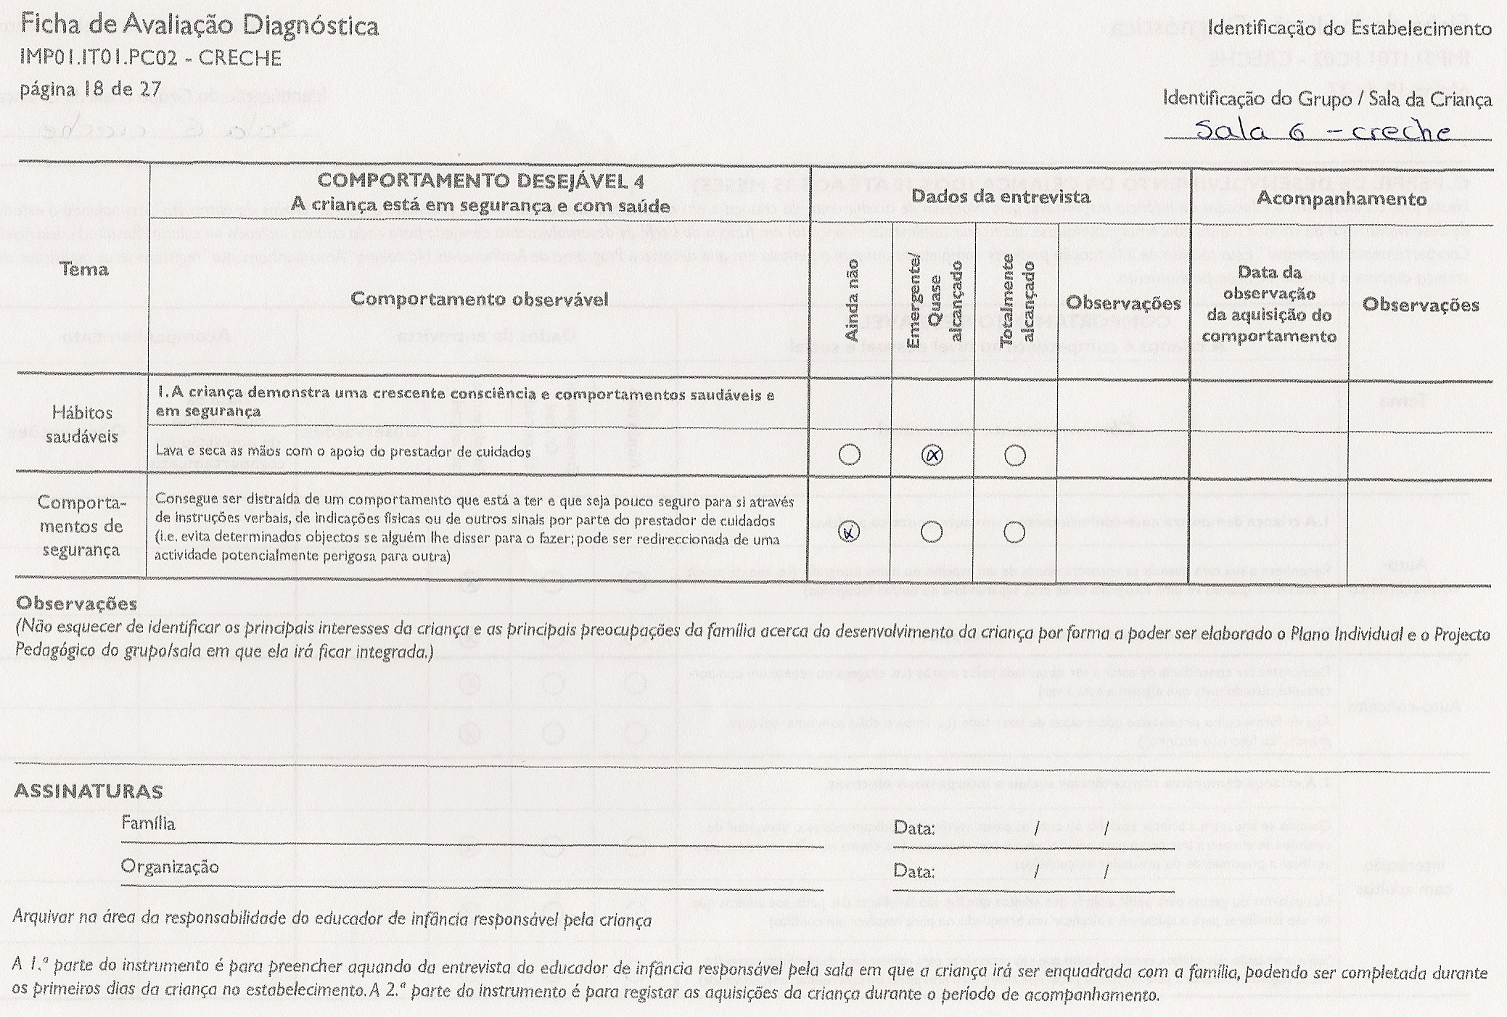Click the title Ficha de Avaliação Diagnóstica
[199, 26]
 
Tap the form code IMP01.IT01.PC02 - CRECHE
[151, 58]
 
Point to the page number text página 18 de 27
[91, 90]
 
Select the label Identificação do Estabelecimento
[1350, 28]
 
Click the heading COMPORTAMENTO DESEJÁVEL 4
[480, 181]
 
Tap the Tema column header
[84, 270]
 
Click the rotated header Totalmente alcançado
[1017, 299]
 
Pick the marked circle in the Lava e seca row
[932, 456]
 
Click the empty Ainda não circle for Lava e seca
[849, 455]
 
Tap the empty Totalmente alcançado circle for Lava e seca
[1015, 456]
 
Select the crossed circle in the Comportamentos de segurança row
[849, 532]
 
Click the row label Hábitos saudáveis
[82, 424]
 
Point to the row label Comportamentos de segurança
[81, 526]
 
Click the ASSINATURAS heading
[89, 791]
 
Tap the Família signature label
[148, 823]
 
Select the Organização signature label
[170, 867]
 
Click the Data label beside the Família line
[913, 828]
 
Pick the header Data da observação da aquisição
[1269, 304]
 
